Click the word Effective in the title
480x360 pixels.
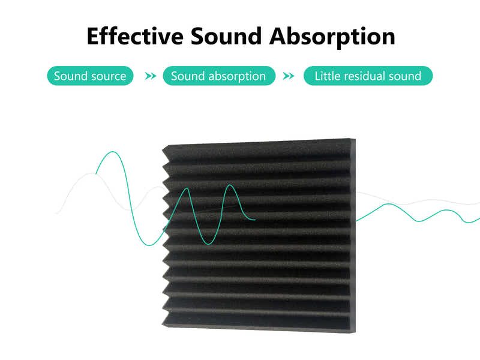tap(135, 36)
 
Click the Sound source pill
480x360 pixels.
tap(90, 76)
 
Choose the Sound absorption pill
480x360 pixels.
tap(218, 76)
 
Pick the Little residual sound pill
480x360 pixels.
tap(368, 76)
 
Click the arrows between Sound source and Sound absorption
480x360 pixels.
tap(151, 76)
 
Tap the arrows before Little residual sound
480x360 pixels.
tap(289, 76)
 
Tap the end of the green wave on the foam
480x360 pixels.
tap(255, 220)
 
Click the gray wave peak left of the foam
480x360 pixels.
tap(95, 173)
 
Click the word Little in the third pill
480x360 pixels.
tap(327, 76)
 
